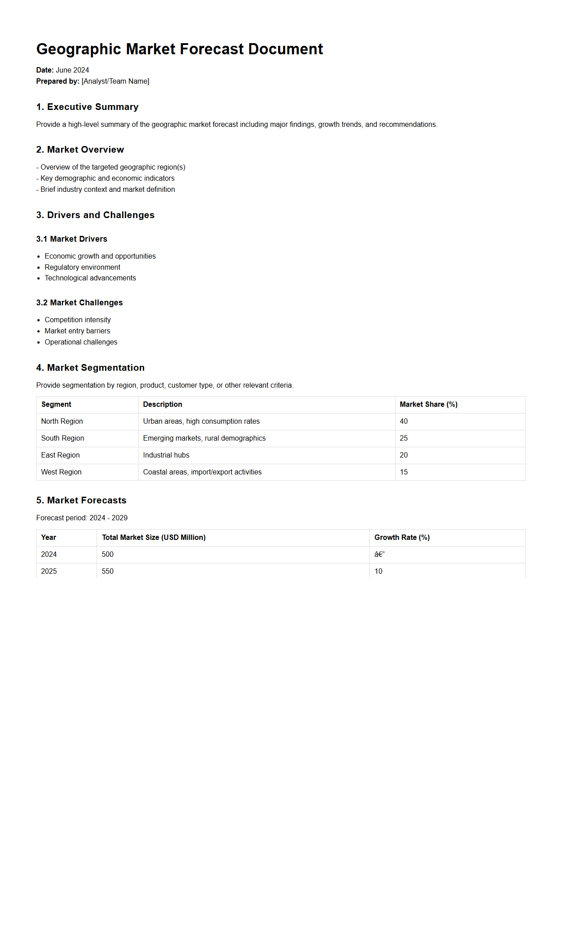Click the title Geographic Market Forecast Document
(x=179, y=49)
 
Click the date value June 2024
(x=72, y=70)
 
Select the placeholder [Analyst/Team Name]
(x=115, y=81)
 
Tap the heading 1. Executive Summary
(x=87, y=107)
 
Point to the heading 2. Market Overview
(x=80, y=150)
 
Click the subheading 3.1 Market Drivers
(x=72, y=239)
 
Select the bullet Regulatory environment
(x=82, y=267)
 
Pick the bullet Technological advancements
(x=90, y=278)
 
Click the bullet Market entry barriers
(x=77, y=331)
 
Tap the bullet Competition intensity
(x=77, y=320)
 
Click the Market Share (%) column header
(x=429, y=405)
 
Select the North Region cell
(x=62, y=421)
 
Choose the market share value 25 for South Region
(x=404, y=438)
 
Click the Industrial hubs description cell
(x=166, y=455)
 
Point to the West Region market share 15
(x=404, y=472)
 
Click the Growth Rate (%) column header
(x=402, y=538)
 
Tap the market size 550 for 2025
(x=107, y=571)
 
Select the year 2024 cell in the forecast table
(x=49, y=555)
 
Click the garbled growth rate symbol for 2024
(x=379, y=555)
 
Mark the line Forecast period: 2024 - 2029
(x=82, y=518)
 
